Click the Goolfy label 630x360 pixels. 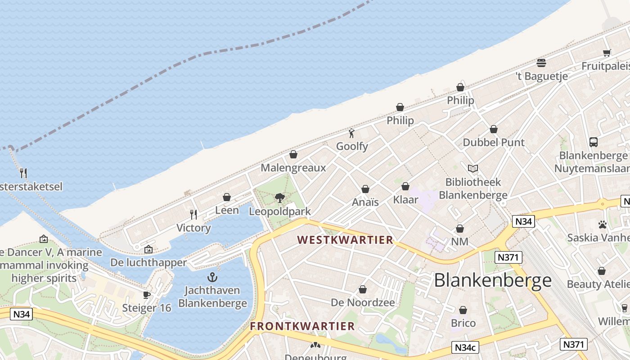(x=352, y=146)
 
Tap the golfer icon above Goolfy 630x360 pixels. (x=352, y=133)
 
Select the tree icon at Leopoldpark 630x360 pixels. (x=280, y=198)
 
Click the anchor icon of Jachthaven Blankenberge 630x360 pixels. (x=212, y=277)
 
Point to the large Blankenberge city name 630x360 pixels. (x=493, y=280)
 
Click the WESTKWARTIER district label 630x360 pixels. (x=345, y=240)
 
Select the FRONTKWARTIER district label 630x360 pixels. (x=302, y=326)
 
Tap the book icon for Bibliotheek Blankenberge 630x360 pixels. (x=472, y=168)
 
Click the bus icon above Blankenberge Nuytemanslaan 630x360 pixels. (x=593, y=142)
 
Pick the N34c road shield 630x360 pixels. (x=465, y=347)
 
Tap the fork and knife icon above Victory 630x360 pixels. (x=193, y=214)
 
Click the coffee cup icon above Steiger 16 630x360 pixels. (x=146, y=295)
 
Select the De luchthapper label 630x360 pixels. (x=148, y=262)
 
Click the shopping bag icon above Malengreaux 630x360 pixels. (x=293, y=155)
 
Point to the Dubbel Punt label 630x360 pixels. (x=494, y=143)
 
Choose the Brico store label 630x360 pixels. (x=463, y=323)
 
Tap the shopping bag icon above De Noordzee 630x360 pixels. (x=363, y=289)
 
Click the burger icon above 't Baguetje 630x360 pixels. (x=541, y=63)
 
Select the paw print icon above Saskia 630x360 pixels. (x=603, y=224)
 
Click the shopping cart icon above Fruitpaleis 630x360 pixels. (x=607, y=53)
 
